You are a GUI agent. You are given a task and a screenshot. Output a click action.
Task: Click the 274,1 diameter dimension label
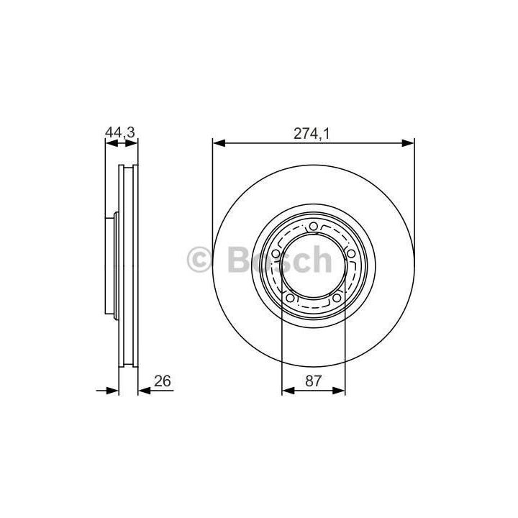(312, 134)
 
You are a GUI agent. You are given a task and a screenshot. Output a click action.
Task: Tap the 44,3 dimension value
(120, 132)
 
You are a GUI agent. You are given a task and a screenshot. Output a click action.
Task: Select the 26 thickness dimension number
(162, 381)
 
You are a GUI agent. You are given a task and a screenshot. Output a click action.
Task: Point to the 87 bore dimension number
(313, 381)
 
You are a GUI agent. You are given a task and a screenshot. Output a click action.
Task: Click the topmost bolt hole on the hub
(313, 227)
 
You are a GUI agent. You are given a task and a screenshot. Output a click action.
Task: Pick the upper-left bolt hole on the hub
(276, 254)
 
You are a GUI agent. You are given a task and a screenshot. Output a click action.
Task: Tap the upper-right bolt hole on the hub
(351, 254)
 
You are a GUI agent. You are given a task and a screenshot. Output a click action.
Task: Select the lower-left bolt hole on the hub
(290, 298)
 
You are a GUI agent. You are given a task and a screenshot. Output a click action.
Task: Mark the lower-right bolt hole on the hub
(336, 298)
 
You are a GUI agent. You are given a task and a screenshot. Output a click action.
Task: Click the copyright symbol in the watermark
(199, 260)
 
